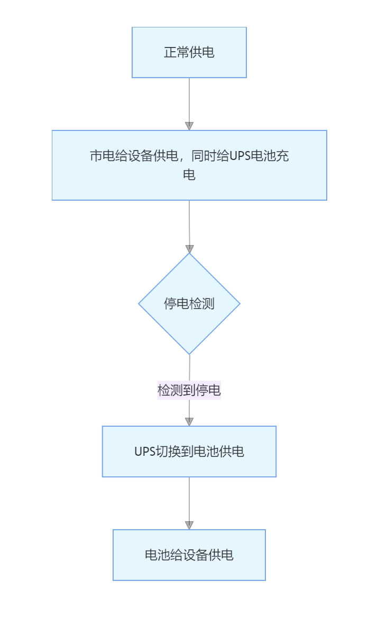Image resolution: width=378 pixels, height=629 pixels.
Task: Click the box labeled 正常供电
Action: (x=189, y=52)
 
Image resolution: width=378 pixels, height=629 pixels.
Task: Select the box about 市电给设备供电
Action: (x=189, y=165)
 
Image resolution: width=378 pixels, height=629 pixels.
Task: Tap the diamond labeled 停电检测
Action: (x=189, y=304)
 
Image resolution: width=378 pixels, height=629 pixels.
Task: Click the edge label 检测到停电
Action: (x=189, y=390)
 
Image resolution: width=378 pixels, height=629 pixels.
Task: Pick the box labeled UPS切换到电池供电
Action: (x=189, y=452)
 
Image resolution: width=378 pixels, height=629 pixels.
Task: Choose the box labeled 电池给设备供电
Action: (x=189, y=555)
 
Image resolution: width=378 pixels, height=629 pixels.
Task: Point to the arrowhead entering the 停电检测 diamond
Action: (x=189, y=249)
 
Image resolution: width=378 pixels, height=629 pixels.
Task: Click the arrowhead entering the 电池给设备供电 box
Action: (x=189, y=525)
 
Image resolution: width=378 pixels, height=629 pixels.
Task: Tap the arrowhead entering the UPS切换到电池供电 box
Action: (x=189, y=421)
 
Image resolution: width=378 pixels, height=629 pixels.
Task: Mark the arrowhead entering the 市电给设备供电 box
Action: (x=189, y=126)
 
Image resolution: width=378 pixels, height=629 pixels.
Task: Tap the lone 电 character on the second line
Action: (x=189, y=175)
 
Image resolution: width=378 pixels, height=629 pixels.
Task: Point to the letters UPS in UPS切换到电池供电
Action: (x=145, y=452)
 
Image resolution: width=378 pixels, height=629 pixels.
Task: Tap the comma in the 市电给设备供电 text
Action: (x=183, y=158)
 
